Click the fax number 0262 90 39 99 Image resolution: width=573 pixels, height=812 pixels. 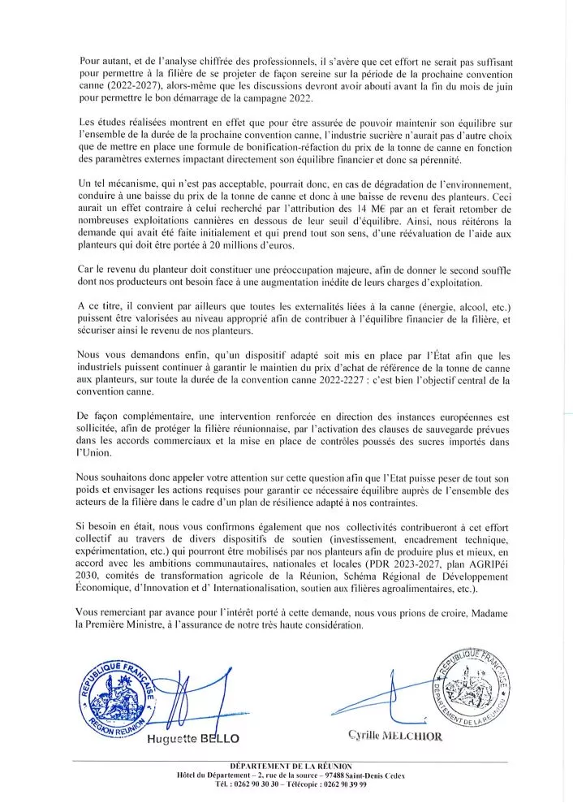click(354, 788)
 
